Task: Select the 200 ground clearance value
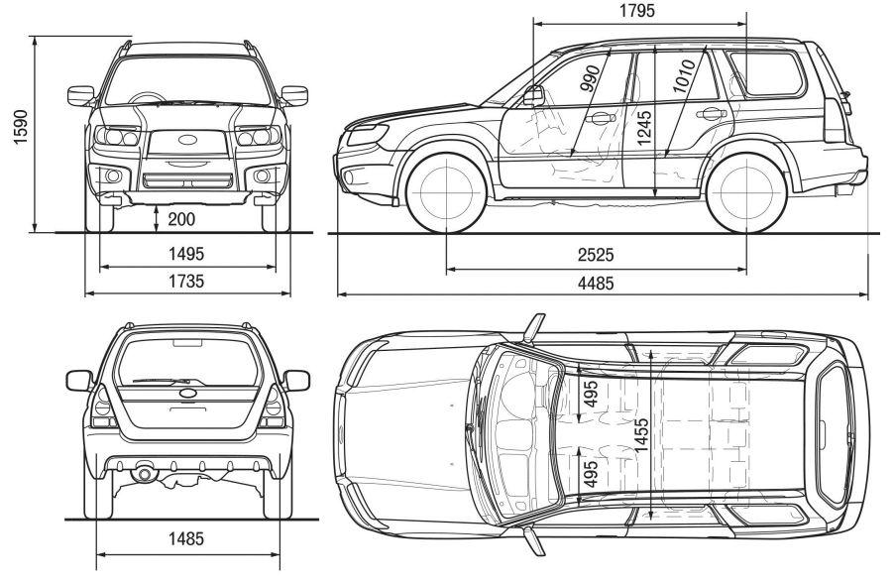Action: click(x=180, y=218)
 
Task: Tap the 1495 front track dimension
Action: click(x=186, y=253)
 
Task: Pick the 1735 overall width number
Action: click(x=186, y=282)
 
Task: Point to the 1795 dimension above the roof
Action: click(x=638, y=11)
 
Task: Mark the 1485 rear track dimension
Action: click(x=186, y=539)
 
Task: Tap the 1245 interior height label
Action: click(x=644, y=130)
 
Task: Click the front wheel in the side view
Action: click(x=445, y=190)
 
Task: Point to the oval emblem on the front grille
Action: click(x=185, y=139)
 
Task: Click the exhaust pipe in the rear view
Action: click(x=146, y=474)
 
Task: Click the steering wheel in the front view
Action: click(x=149, y=99)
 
